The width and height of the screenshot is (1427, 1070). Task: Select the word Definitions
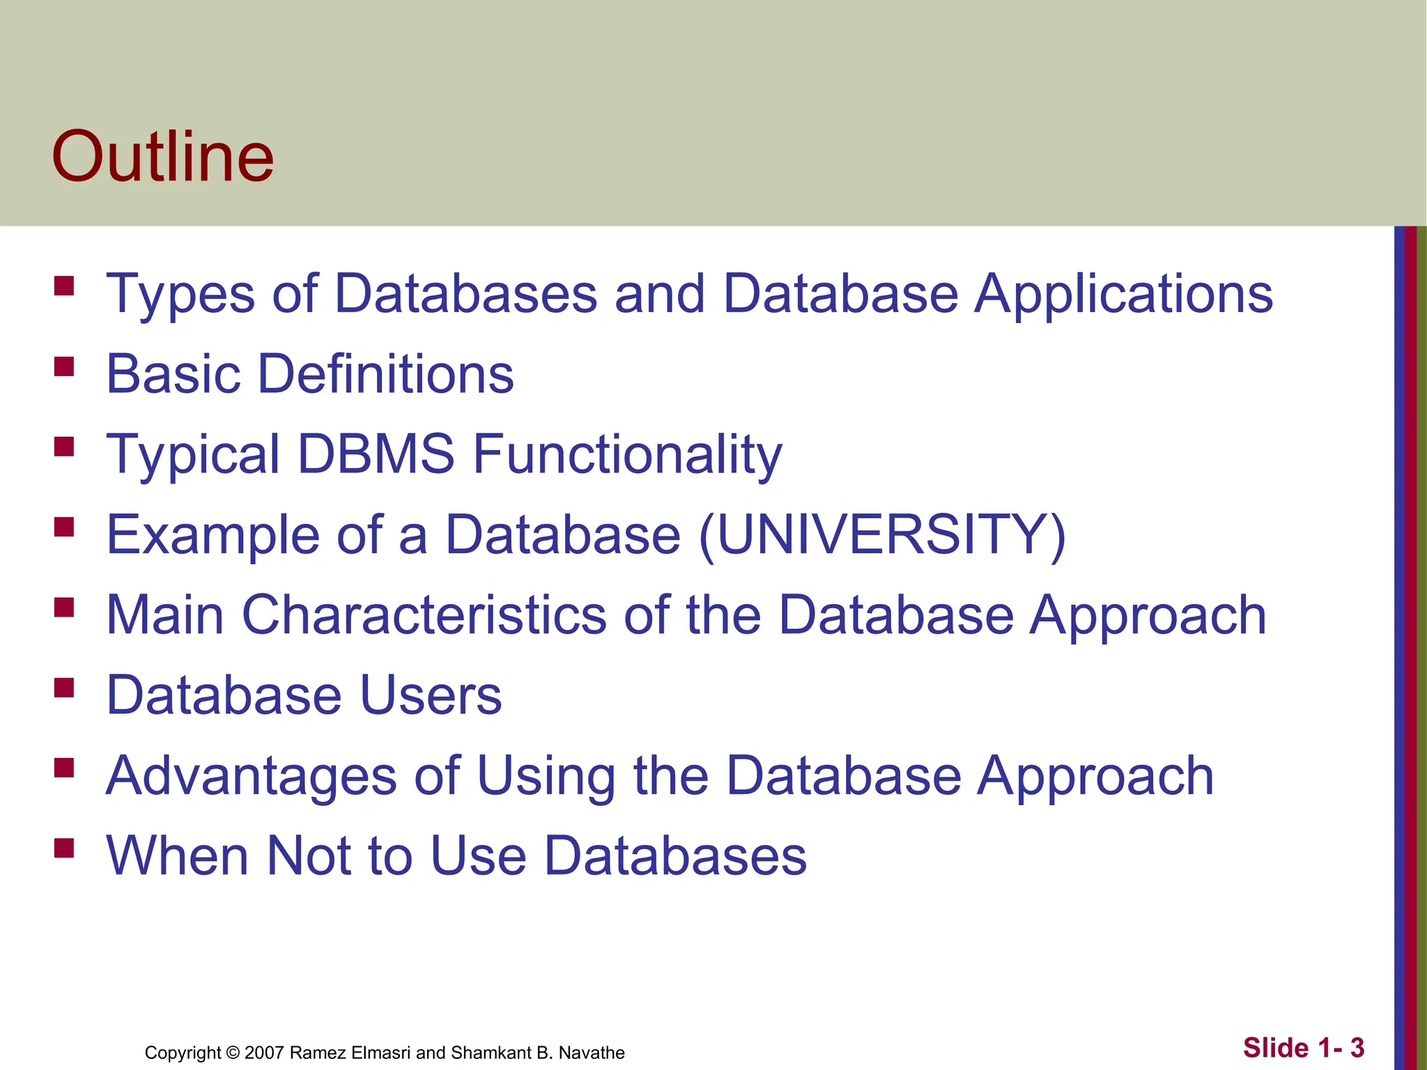pyautogui.click(x=386, y=374)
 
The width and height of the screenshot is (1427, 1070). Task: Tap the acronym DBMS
pyautogui.click(x=376, y=454)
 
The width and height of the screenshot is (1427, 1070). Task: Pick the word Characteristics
pyautogui.click(x=424, y=615)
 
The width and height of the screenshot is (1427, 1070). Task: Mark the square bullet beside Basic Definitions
pyautogui.click(x=64, y=366)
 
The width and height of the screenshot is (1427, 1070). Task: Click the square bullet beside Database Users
pyautogui.click(x=64, y=688)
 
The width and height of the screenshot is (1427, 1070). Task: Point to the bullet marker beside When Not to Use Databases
pyautogui.click(x=64, y=848)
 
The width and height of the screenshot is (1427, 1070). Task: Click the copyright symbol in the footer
pyautogui.click(x=233, y=1053)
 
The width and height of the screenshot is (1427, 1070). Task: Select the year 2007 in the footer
pyautogui.click(x=265, y=1053)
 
